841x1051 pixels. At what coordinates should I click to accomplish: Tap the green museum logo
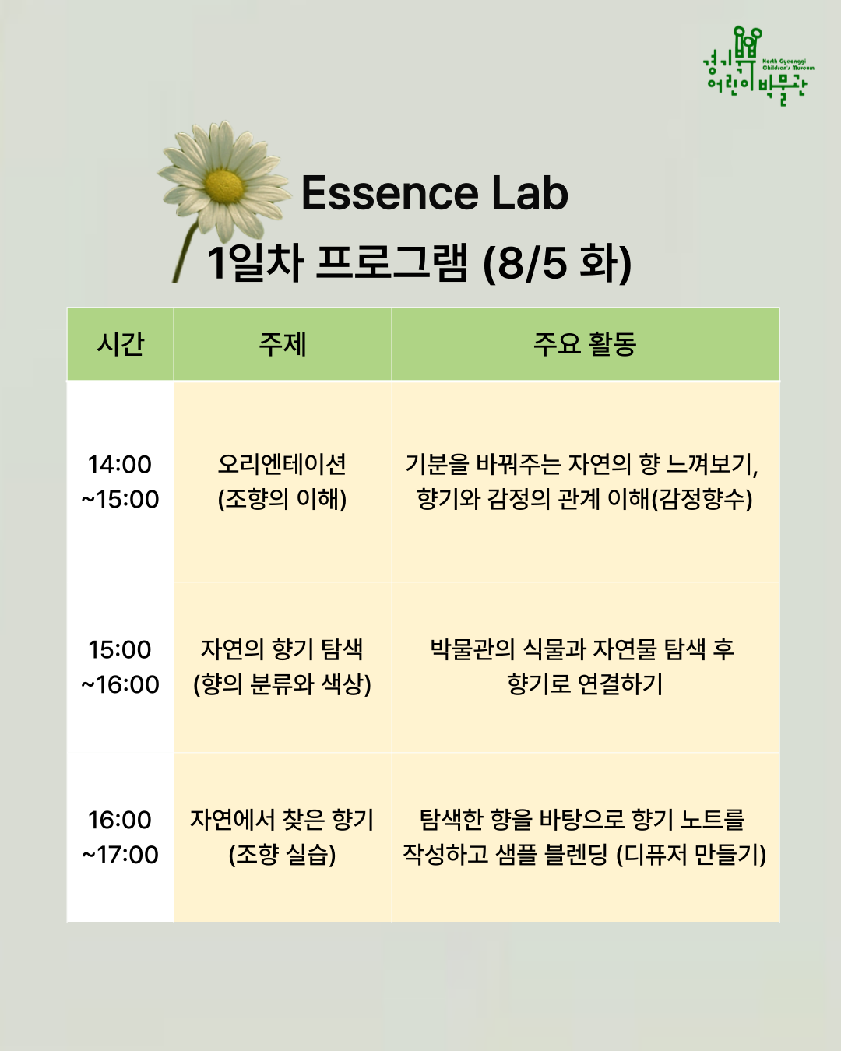758,66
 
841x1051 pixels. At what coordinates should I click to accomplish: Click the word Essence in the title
389,193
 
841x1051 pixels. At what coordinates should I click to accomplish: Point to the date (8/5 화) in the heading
557,264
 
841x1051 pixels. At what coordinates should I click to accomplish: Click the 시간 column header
120,344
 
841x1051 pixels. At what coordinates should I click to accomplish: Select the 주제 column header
283,344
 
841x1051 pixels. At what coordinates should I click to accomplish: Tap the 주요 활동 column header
585,344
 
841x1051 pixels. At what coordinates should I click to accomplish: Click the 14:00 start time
120,464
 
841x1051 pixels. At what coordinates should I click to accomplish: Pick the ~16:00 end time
120,684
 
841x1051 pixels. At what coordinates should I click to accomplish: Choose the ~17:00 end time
120,855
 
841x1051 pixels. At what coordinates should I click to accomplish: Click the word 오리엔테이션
283,464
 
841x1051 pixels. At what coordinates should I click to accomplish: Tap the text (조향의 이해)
283,499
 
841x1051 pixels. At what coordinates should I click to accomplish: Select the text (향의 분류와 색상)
283,684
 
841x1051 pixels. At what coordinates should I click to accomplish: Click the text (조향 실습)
283,855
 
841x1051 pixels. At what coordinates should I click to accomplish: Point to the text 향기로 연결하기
585,684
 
